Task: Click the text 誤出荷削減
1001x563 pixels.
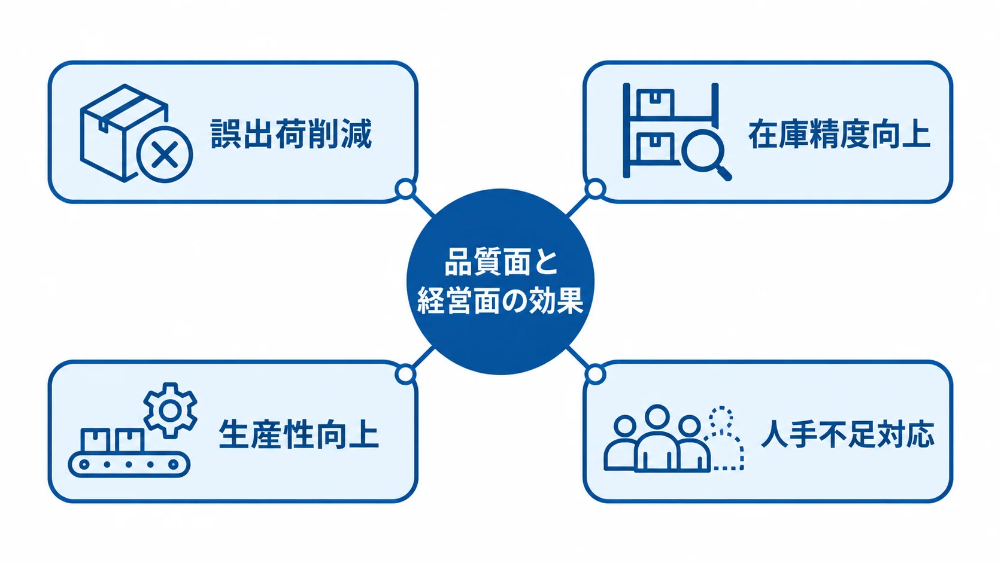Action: point(291,133)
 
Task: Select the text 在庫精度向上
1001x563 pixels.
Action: point(839,133)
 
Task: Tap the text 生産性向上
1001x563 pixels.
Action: point(299,434)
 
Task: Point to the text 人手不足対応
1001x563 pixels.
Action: point(847,434)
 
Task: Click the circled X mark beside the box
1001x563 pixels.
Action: point(165,154)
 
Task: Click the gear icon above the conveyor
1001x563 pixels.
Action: point(170,410)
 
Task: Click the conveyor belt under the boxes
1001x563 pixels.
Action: point(129,464)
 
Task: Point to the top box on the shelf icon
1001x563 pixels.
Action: point(655,103)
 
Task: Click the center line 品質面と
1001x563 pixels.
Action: point(501,262)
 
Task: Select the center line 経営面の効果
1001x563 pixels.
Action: point(500,300)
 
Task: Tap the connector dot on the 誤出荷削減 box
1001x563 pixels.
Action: point(405,189)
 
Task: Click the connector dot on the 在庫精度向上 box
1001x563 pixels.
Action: point(595,189)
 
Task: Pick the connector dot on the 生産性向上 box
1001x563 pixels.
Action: point(405,374)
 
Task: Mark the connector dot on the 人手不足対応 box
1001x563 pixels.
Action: point(595,374)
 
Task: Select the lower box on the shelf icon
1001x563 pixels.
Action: point(655,147)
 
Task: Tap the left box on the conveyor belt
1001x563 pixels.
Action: point(95,440)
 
